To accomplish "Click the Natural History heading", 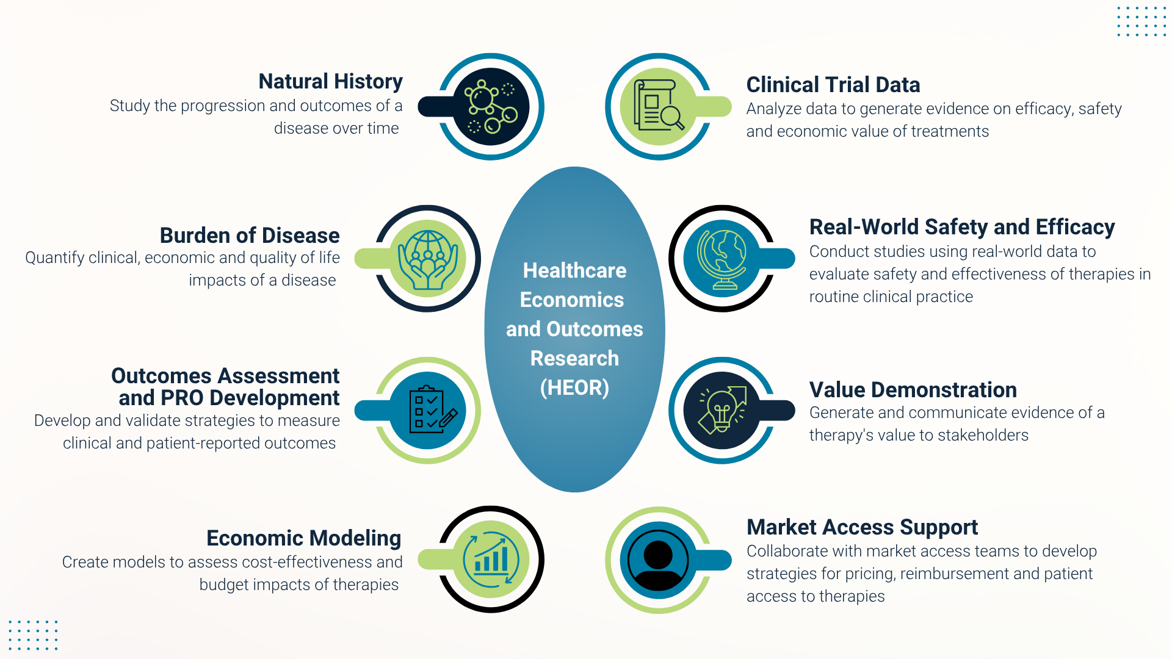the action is tap(330, 81).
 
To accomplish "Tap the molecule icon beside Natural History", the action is tap(491, 107).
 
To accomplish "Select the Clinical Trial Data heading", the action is tap(833, 85).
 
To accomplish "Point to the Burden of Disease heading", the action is tap(250, 236).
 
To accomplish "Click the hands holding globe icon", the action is tap(428, 259).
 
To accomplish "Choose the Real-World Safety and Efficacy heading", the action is tap(962, 227).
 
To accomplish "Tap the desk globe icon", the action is tap(723, 259).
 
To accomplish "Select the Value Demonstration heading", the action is tap(913, 390).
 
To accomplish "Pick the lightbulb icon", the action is tap(723, 410).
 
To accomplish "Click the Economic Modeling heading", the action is tap(304, 538).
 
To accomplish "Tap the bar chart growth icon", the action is tap(491, 560).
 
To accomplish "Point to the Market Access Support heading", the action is tap(862, 527).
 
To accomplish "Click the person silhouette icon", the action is tap(658, 560).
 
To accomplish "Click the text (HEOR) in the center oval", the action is tap(574, 387).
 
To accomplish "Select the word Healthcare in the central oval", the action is tap(574, 270).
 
